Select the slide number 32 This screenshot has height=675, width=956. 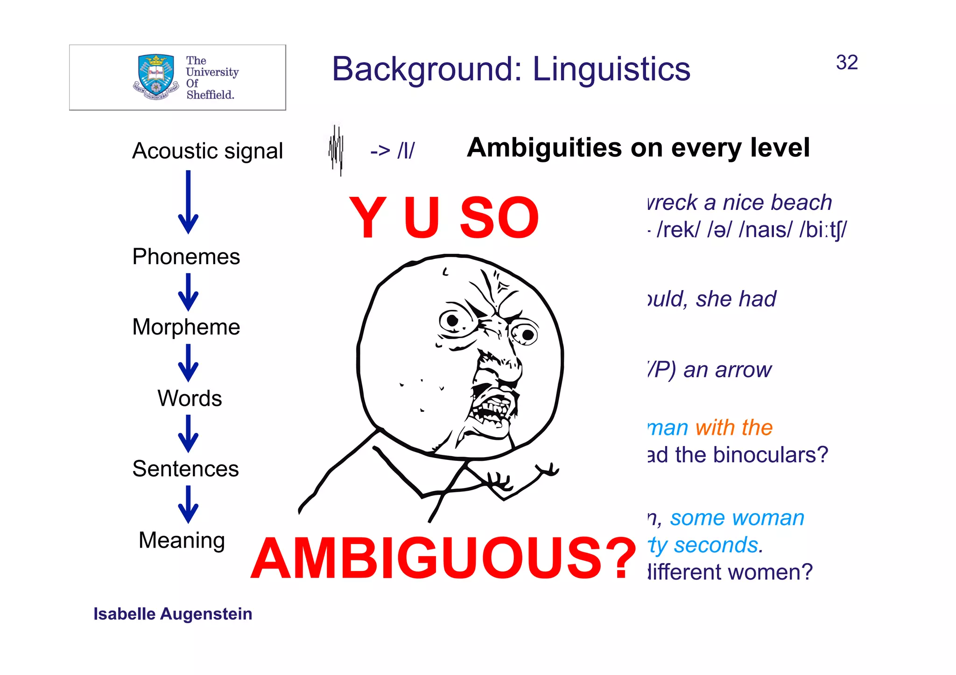click(846, 63)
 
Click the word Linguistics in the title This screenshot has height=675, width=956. click(611, 69)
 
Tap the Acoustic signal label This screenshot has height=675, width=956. click(207, 151)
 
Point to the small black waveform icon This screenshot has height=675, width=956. click(336, 150)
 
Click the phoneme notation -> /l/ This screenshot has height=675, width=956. click(392, 151)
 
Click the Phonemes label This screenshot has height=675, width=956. click(186, 257)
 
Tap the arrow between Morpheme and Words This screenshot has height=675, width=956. click(188, 362)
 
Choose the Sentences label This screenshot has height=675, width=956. click(185, 468)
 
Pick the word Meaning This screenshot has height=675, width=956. click(182, 540)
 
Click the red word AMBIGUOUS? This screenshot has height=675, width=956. click(443, 558)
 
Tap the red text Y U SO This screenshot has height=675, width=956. click(444, 217)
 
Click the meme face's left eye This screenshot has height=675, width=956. click(452, 320)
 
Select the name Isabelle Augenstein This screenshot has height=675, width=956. click(173, 614)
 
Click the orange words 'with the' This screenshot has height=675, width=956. click(734, 427)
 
